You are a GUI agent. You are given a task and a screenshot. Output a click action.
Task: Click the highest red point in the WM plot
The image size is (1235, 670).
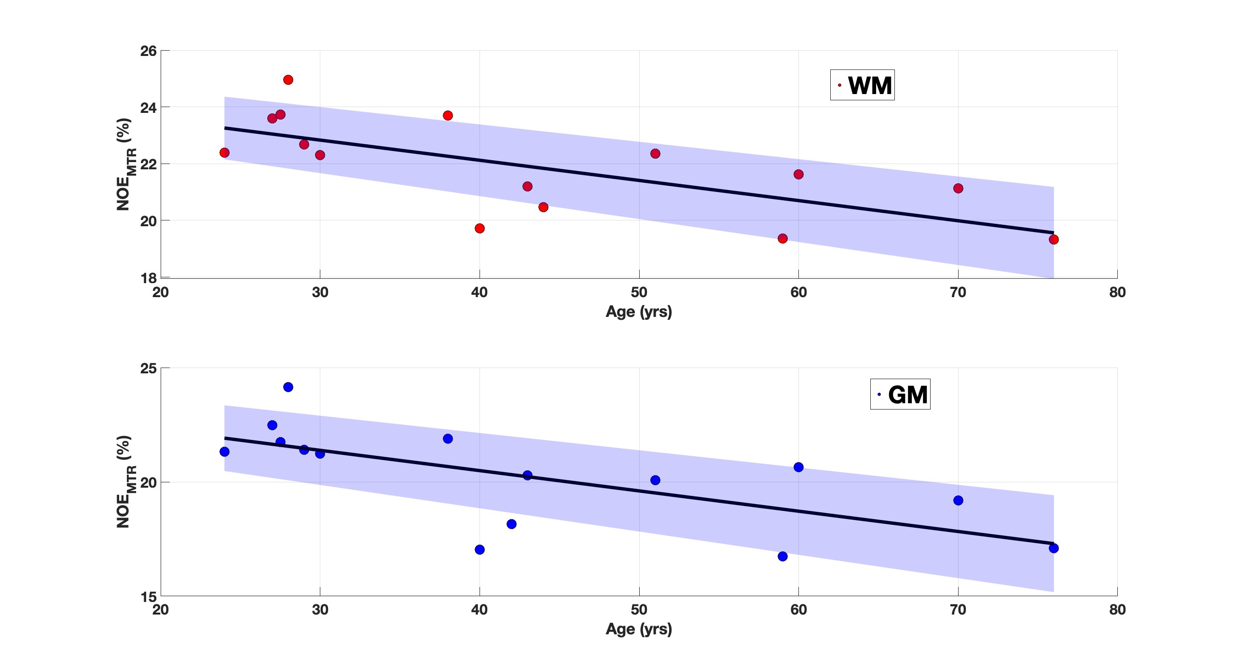pos(288,80)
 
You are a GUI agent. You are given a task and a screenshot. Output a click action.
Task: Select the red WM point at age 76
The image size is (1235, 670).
pos(1054,239)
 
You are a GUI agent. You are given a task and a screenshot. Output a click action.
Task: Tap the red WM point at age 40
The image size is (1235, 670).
pos(480,228)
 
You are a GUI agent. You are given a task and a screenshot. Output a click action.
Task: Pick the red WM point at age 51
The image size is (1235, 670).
pos(655,153)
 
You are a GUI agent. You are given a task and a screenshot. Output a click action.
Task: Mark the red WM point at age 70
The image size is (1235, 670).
pos(958,188)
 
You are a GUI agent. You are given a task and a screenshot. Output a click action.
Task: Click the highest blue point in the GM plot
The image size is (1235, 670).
pos(288,387)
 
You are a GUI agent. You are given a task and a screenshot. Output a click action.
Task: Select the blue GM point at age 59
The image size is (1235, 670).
pos(782,556)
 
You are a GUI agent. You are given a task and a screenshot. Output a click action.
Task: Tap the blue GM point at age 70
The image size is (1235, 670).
pos(958,500)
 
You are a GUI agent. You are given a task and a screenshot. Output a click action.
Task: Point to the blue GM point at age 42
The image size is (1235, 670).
pos(511,524)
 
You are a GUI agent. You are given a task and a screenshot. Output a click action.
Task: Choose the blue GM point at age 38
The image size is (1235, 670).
pos(448,438)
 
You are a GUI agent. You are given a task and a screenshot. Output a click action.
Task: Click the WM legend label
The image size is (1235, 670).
pos(870,85)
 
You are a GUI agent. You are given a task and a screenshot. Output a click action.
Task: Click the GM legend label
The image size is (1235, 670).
pos(907,395)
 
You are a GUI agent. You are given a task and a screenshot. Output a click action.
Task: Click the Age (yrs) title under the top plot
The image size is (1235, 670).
pos(639,312)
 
